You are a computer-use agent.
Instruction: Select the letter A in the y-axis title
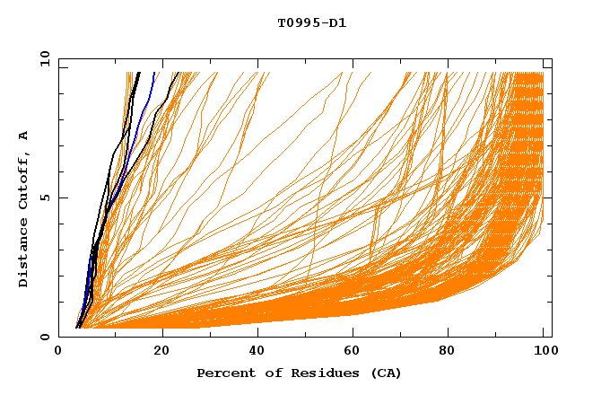pos(23,135)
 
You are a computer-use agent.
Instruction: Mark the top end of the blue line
pos(154,73)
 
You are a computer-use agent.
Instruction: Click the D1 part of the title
pos(337,22)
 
